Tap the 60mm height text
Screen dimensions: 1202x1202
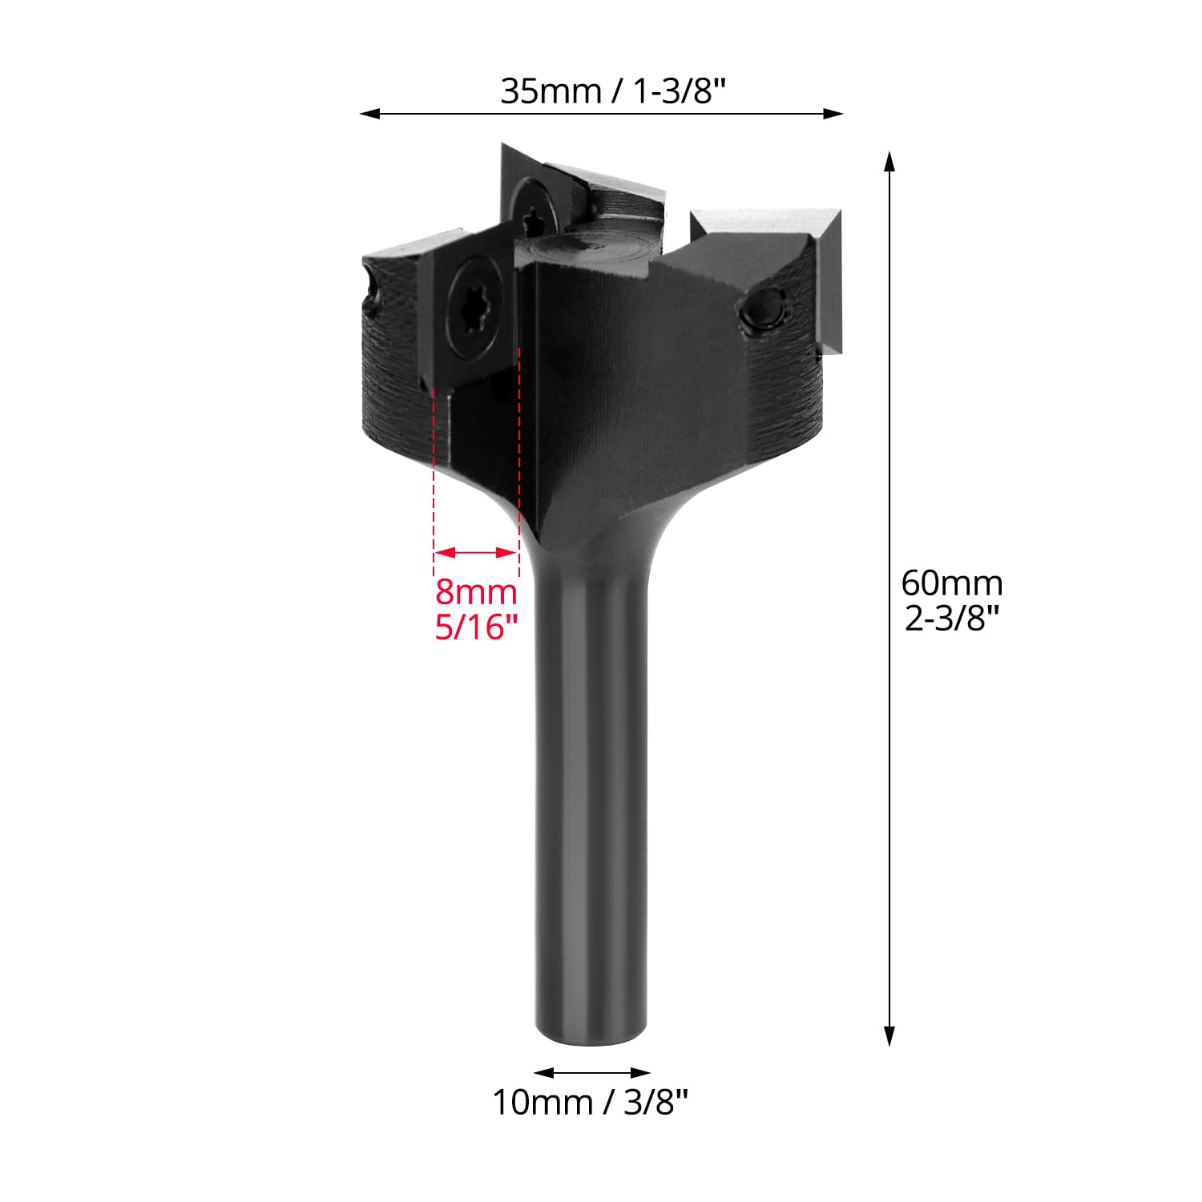952,583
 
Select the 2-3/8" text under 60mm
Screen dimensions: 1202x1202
953,619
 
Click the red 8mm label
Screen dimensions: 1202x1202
476,593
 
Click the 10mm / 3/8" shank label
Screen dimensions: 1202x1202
591,1103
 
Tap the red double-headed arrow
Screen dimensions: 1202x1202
476,552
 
